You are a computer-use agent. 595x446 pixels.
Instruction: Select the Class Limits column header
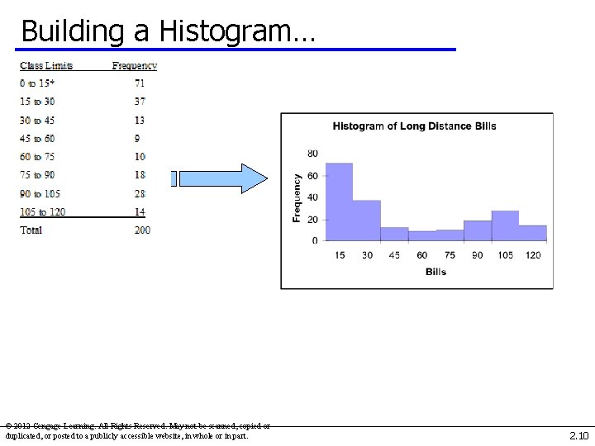pos(46,66)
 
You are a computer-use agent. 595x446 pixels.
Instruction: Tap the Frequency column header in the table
pos(135,66)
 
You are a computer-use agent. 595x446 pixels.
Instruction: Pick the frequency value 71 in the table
pos(140,83)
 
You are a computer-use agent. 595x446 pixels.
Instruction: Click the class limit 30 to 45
pos(38,121)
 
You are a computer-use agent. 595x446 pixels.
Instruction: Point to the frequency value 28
pos(140,194)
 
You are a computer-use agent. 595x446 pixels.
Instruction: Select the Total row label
pos(31,230)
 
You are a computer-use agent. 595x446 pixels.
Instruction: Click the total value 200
pos(142,230)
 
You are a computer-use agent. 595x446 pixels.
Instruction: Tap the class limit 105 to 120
pos(43,212)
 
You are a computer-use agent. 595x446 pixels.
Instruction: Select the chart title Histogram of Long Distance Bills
pos(414,126)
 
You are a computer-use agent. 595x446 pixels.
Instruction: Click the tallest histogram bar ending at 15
pos(339,202)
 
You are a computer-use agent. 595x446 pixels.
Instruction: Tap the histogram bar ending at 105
pos(505,225)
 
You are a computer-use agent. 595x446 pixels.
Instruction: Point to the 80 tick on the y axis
pos(312,154)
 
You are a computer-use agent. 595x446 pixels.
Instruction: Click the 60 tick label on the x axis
pos(422,255)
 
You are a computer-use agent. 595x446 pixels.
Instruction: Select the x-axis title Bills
pos(436,272)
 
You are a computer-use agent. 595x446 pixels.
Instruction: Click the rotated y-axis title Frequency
pos(297,197)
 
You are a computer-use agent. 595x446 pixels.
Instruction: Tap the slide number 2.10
pos(578,435)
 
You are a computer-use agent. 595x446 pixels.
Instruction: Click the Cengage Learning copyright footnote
pos(137,431)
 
